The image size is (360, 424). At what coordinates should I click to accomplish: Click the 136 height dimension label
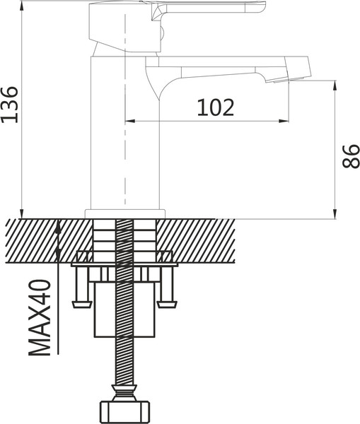pyautogui.click(x=10, y=105)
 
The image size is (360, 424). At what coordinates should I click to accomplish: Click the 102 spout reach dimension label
pyautogui.click(x=215, y=107)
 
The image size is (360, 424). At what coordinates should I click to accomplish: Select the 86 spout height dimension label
pyautogui.click(x=351, y=156)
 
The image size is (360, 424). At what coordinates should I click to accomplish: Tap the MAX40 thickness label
pyautogui.click(x=40, y=317)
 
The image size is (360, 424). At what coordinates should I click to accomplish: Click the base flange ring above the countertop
pyautogui.click(x=125, y=213)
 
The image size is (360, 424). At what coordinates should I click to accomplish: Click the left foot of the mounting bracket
pyautogui.click(x=81, y=304)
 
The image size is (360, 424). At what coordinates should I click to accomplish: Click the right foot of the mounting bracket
pyautogui.click(x=168, y=304)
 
